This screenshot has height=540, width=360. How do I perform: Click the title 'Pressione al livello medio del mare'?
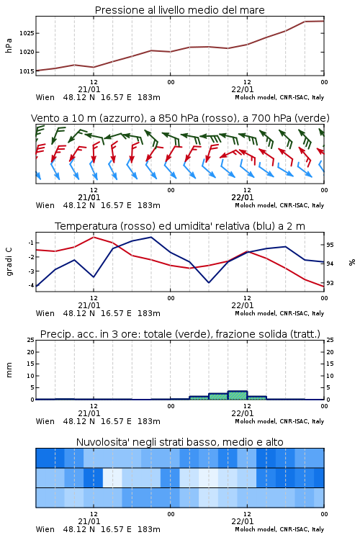coord(179,10)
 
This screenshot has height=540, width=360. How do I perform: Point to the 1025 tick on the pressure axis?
coord(27,33)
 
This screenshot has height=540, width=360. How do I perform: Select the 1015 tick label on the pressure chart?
coord(27,71)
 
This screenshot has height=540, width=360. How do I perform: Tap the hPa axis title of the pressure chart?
coord(9,45)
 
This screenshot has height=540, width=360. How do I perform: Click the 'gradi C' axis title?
coord(9,261)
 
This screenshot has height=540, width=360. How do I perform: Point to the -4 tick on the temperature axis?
coord(31,285)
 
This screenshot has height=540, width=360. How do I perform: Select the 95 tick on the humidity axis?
coord(330,245)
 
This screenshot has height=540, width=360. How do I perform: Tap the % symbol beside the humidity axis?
coord(351,262)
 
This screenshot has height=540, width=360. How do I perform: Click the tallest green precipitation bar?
coord(238,395)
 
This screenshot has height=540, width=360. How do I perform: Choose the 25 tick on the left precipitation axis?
coord(31,340)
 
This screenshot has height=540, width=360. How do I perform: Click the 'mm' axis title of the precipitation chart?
coord(9,370)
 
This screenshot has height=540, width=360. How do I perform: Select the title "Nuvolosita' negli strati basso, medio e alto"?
coord(179,442)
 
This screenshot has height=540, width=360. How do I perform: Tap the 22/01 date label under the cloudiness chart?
coord(242,521)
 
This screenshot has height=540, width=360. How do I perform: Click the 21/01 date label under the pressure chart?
coord(89,89)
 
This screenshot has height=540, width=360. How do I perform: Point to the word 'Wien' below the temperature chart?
coord(45,313)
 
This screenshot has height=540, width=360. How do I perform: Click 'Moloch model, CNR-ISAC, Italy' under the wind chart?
coord(279,205)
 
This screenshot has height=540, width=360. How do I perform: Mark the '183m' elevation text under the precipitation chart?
coord(149,421)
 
